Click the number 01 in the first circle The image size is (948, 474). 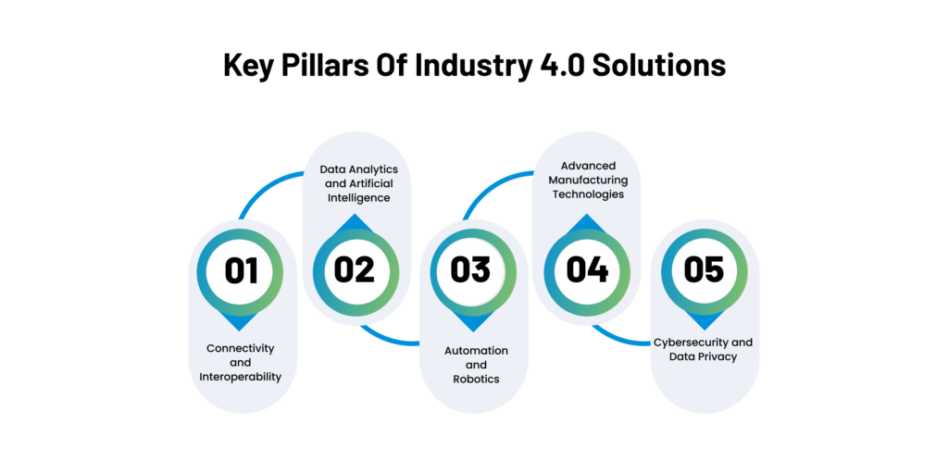click(x=242, y=271)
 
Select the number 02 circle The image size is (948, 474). click(x=355, y=271)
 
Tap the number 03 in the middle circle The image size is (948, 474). click(x=470, y=269)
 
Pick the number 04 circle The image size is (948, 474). click(x=587, y=271)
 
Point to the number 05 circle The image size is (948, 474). click(x=704, y=271)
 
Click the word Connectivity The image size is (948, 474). click(x=241, y=349)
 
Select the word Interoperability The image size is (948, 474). click(x=241, y=378)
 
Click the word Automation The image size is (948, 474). click(x=477, y=351)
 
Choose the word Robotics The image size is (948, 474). click(x=477, y=379)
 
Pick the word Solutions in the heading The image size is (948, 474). click(x=659, y=66)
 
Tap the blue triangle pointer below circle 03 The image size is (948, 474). click(x=473, y=322)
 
